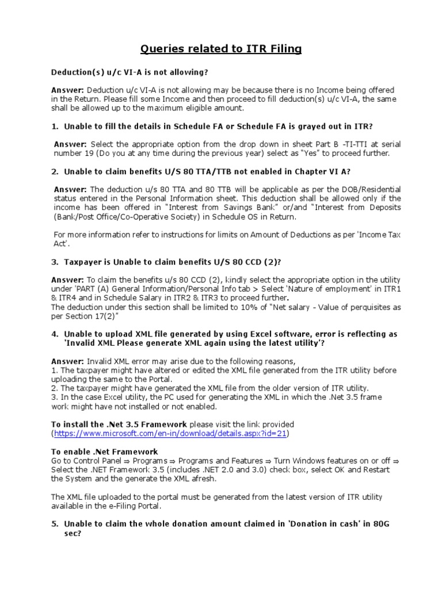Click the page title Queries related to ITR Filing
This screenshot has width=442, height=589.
click(221, 49)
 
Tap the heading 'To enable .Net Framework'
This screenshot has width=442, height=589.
click(104, 452)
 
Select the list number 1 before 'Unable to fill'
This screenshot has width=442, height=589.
click(55, 126)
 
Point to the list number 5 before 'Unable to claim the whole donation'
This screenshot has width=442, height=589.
click(55, 524)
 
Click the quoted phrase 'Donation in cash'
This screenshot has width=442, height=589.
click(339, 524)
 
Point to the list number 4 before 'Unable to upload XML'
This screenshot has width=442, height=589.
click(55, 334)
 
